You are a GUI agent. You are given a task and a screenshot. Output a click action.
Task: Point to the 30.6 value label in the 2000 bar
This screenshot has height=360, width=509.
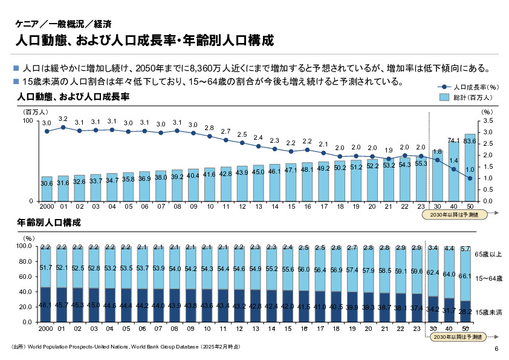pyautogui.click(x=47, y=183)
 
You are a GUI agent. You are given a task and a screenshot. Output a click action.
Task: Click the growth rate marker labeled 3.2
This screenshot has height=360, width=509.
pyautogui.click(x=63, y=127)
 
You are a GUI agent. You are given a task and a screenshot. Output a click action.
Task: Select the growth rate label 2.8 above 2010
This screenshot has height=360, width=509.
pyautogui.click(x=209, y=128)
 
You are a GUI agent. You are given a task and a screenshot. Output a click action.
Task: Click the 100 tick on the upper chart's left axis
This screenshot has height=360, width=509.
pyautogui.click(x=27, y=121)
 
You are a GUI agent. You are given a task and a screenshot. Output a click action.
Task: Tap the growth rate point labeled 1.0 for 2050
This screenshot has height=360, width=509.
pyautogui.click(x=470, y=178)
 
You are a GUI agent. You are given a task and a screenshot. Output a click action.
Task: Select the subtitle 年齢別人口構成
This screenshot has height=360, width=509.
pyautogui.click(x=49, y=223)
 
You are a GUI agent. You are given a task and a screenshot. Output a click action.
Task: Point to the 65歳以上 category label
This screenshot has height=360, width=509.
pyautogui.click(x=487, y=254)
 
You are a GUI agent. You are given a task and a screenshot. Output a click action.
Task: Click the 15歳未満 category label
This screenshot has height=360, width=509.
pyautogui.click(x=487, y=312)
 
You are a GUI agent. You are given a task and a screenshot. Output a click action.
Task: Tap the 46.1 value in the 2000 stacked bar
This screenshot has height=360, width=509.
pyautogui.click(x=45, y=307)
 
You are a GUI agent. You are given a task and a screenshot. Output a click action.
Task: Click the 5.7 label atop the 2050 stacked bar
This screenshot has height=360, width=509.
pyautogui.click(x=465, y=249)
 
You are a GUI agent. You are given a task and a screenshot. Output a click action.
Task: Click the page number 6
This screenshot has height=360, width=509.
pyautogui.click(x=496, y=349)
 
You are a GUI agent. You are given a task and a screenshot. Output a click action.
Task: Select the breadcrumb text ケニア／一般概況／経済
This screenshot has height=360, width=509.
pyautogui.click(x=63, y=25)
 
